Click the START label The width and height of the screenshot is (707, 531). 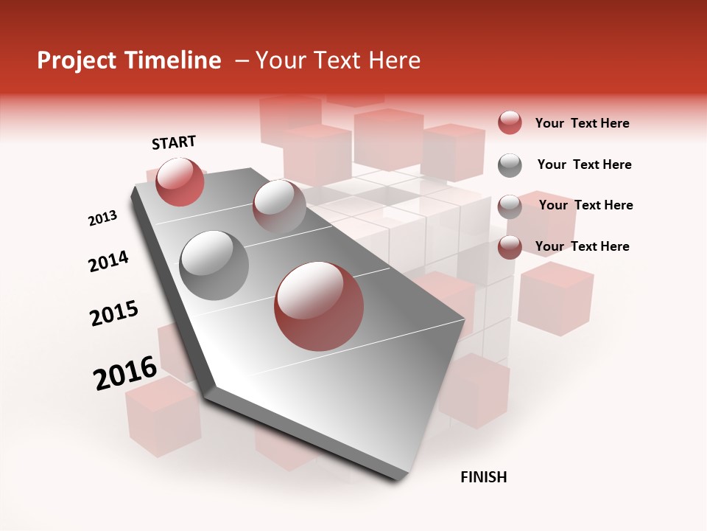tap(174, 142)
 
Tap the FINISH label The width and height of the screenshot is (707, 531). tap(483, 477)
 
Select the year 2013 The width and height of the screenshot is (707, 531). tap(102, 218)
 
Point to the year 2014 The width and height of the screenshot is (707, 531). tap(108, 262)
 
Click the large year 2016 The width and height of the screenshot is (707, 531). tap(125, 373)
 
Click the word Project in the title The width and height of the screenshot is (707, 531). tap(77, 60)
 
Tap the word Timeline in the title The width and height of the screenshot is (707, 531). tap(173, 60)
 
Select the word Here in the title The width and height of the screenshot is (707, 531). tap(394, 60)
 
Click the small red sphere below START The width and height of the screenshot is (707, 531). tap(180, 181)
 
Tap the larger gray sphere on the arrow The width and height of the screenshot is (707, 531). tap(214, 265)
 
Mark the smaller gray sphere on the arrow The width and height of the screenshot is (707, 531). tap(279, 206)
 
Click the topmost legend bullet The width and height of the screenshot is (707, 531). tap(510, 123)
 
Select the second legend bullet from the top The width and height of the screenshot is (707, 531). tap(510, 165)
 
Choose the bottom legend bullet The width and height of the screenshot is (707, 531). tap(510, 247)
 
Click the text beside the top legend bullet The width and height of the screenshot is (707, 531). tap(582, 123)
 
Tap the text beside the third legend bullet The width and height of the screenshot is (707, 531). tap(585, 205)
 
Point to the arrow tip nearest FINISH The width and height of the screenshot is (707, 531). tap(398, 478)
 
